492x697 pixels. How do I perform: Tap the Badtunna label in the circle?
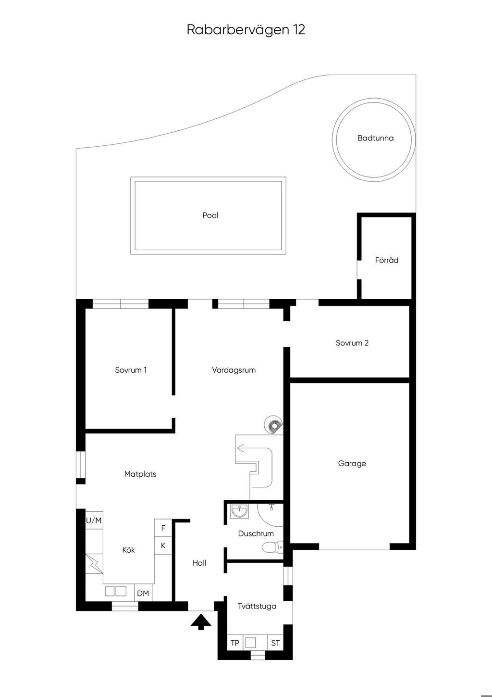click(375, 138)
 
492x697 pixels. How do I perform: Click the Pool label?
click(210, 215)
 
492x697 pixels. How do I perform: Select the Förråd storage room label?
click(387, 260)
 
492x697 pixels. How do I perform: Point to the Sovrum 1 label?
click(131, 370)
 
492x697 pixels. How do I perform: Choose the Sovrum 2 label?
click(352, 343)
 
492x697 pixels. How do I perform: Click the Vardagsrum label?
click(234, 370)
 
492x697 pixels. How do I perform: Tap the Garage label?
click(352, 464)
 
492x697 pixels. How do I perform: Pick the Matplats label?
click(140, 474)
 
